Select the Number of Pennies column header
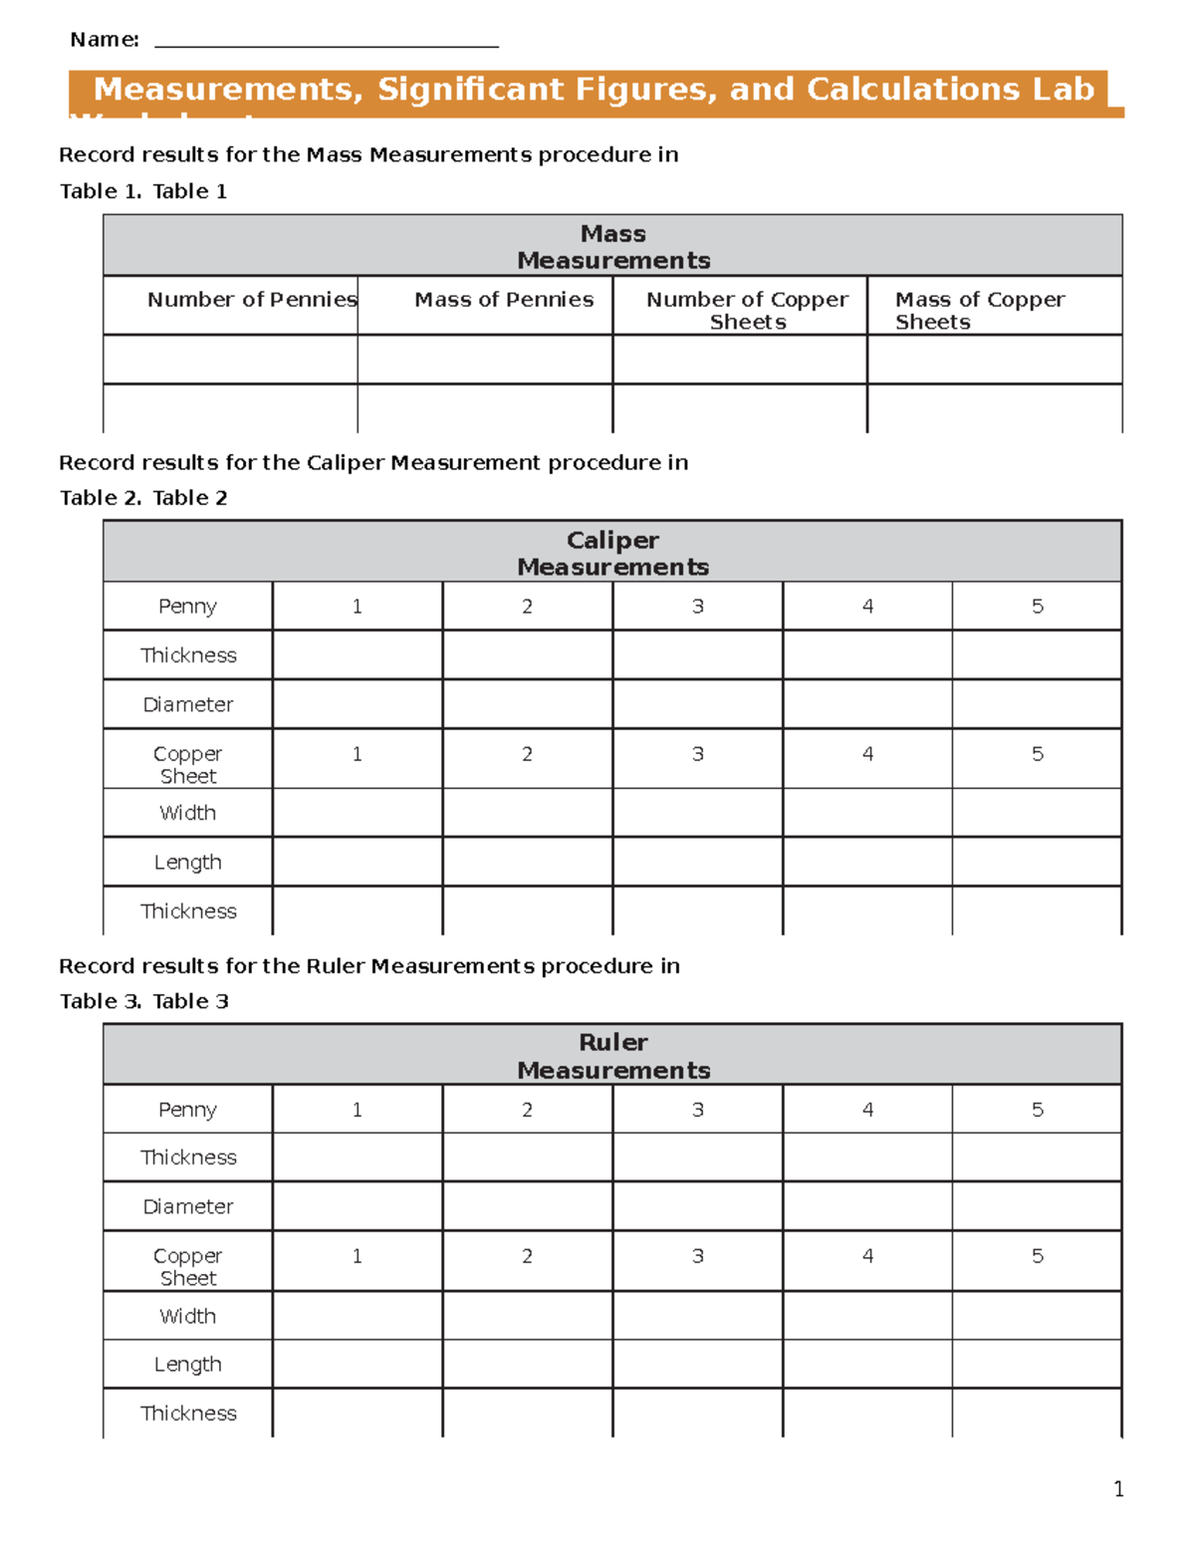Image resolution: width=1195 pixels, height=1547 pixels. pos(251,300)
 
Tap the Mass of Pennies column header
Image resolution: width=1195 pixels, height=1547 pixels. pos(504,300)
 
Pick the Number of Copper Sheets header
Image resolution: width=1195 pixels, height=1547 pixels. pos(747,310)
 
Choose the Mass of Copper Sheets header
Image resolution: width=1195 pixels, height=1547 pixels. pos(979,310)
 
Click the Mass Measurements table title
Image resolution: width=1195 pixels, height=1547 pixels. pos(613,246)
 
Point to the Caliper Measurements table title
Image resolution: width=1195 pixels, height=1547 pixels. pos(613,553)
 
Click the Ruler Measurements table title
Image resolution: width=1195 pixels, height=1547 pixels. pos(613,1056)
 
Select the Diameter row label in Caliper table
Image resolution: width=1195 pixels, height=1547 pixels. pos(187,704)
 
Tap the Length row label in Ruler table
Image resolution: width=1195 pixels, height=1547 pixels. pos(187,1365)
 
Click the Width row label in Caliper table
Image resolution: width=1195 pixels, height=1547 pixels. pos(187,813)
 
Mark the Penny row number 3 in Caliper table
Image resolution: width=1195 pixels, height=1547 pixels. pos(697,606)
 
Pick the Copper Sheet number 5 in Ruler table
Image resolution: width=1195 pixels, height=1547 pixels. pos(1037,1256)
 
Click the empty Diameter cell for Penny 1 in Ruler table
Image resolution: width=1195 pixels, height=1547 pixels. pos(357,1206)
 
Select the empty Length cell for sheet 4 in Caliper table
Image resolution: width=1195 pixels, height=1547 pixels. pos(867,862)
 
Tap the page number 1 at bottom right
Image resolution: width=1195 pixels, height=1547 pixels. pos(1118,1489)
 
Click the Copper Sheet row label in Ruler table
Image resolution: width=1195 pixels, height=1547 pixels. pos(187,1266)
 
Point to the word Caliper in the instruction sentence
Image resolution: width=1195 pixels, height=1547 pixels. pos(346,462)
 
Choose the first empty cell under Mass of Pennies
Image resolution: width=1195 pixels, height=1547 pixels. pos(485,359)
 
